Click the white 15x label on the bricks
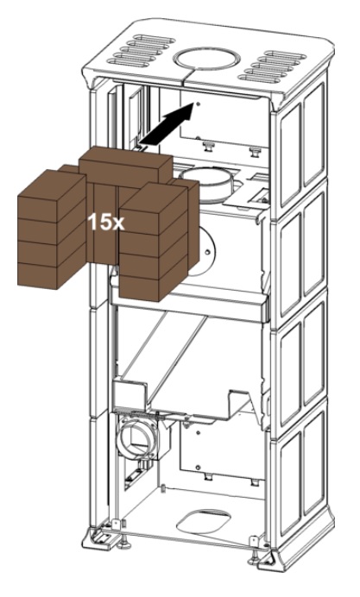106,222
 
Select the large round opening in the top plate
206,59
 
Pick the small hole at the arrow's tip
198,104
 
